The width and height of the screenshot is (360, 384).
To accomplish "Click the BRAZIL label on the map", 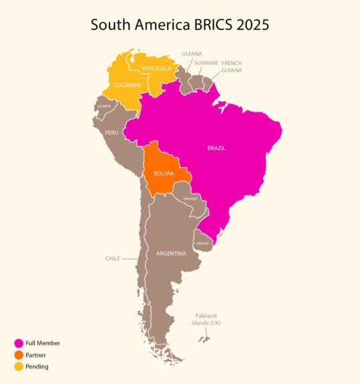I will (216, 148).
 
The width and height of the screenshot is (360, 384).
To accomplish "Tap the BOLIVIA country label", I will (164, 174).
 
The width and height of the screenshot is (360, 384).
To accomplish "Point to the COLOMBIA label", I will (127, 85).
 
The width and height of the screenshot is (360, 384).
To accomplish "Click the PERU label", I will (112, 132).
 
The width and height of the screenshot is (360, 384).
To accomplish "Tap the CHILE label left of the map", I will (112, 258).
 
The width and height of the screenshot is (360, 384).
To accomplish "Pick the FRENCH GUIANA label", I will (232, 66).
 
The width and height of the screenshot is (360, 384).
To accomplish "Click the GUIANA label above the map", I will (192, 53).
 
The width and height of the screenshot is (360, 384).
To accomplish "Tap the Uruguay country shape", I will (202, 242).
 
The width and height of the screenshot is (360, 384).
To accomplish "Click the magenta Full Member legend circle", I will (19, 343).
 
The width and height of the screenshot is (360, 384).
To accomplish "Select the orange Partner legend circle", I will (19, 355).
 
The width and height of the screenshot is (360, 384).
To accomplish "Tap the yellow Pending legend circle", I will (19, 366).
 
